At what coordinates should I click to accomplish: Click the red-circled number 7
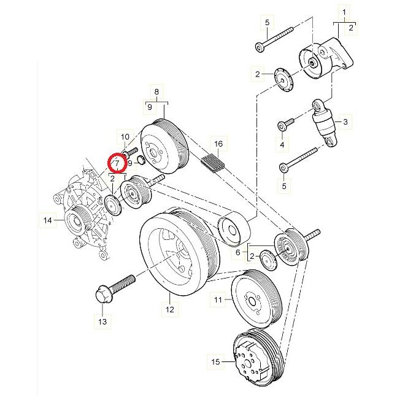pos(117,163)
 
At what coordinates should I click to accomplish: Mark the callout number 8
pos(156,93)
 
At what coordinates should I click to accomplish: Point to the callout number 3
pos(345,123)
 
